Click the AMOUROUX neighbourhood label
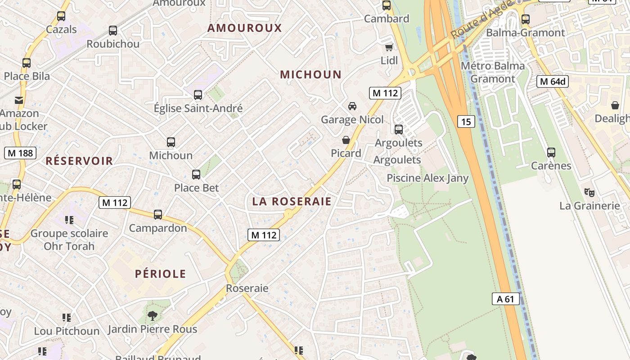244,28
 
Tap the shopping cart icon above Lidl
389,47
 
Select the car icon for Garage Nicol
352,106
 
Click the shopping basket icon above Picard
346,140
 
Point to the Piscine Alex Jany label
427,178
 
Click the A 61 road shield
505,299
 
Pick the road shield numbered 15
467,121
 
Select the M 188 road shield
20,153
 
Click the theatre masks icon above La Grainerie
589,192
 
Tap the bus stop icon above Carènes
551,153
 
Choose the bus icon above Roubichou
113,31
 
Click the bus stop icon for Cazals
61,16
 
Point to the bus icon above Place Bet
196,175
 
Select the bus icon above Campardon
158,215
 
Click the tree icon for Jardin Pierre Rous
153,315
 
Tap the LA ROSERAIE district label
292,202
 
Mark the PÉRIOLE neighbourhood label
160,274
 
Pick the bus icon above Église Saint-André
198,95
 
